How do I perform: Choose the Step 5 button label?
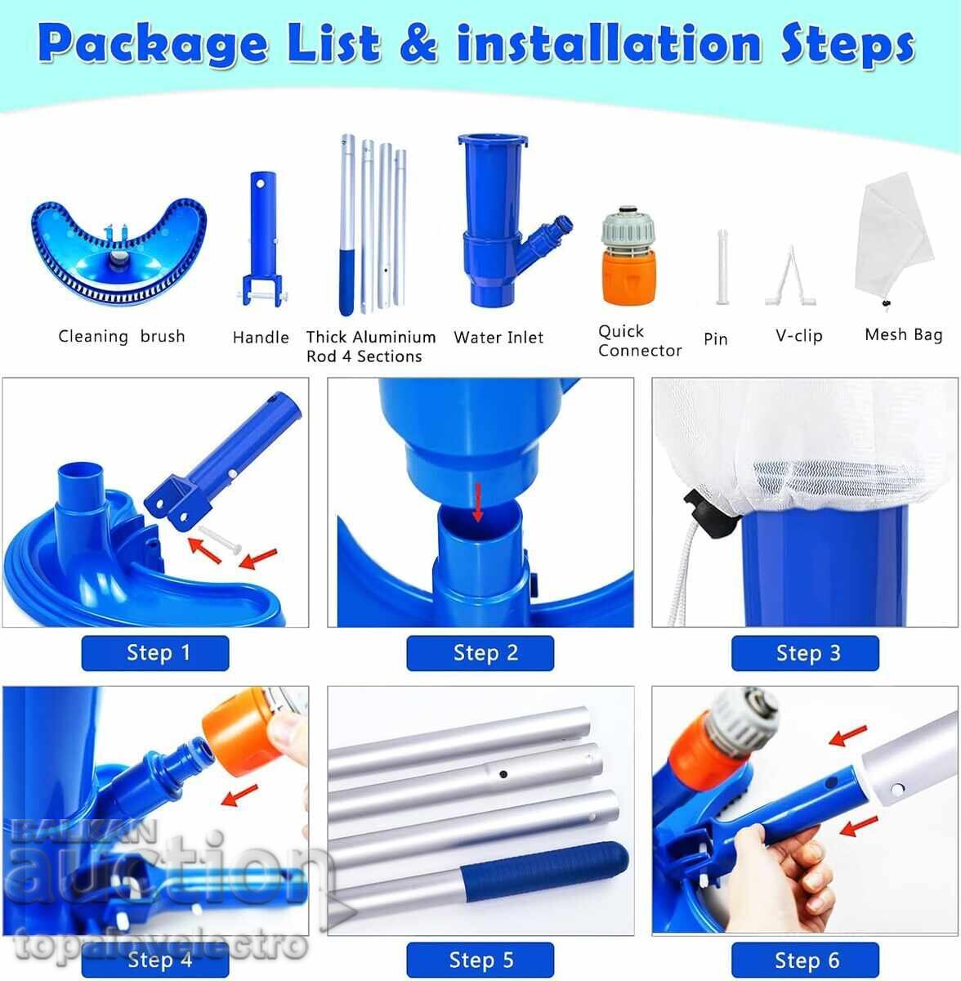click(480, 960)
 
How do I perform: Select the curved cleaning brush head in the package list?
click(119, 253)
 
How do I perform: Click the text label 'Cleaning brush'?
click(122, 336)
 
